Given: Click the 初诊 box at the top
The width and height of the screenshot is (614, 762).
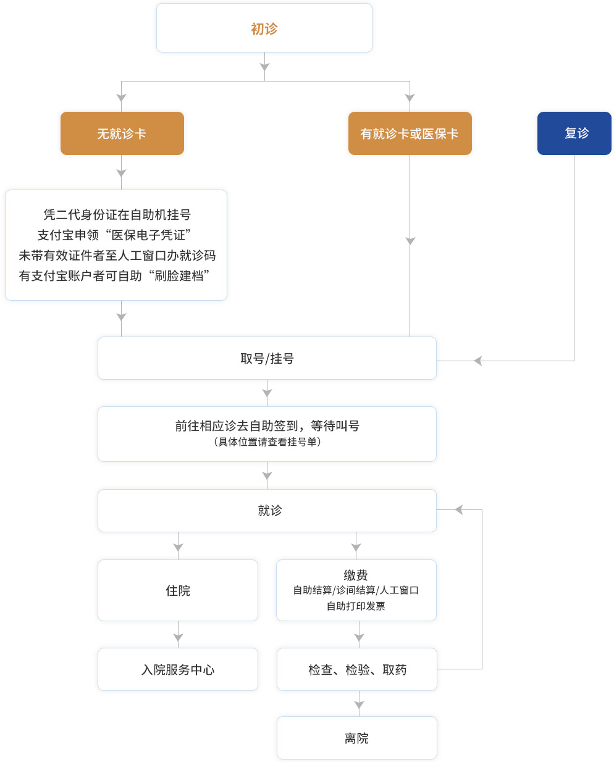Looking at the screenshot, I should point(264,28).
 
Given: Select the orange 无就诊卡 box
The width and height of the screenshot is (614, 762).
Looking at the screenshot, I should point(122,133).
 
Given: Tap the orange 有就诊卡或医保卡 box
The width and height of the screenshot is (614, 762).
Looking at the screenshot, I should point(410,133).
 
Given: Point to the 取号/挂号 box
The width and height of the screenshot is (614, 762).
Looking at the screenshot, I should point(267,358).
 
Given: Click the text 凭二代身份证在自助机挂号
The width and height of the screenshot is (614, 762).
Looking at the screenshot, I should point(117,214).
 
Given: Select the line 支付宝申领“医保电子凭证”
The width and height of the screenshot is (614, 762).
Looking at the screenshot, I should point(114,235).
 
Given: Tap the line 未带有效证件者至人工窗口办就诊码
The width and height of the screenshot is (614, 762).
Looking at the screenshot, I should point(117,255).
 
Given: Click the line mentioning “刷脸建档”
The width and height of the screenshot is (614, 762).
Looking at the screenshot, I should point(114,275).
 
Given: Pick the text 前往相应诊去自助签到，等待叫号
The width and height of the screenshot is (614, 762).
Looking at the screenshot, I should point(267,425).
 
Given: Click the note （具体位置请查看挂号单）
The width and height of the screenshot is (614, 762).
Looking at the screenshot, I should point(267,442).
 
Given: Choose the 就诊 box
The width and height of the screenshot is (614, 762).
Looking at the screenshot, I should point(269,510).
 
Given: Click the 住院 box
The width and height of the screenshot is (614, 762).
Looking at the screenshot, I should point(178,590).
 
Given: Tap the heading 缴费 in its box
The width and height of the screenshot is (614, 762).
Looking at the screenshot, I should point(356,575).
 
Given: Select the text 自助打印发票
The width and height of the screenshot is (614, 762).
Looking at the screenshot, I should point(356,606).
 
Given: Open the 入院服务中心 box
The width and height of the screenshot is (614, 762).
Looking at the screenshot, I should point(178,669).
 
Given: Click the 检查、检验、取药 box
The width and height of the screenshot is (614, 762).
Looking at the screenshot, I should point(357,669).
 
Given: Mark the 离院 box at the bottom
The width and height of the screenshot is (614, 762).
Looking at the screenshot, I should point(356,738).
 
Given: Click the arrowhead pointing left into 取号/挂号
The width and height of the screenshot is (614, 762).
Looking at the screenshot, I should point(477,361).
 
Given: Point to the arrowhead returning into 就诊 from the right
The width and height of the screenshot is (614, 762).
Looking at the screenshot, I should point(458,509).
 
